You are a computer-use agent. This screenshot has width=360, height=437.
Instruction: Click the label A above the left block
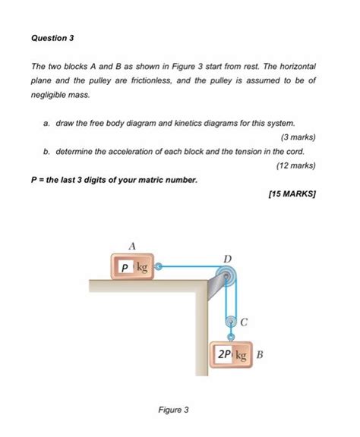pos(131,246)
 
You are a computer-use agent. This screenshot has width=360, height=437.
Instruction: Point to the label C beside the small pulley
pos(244,322)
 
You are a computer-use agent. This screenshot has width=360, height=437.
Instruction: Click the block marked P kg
pos(131,266)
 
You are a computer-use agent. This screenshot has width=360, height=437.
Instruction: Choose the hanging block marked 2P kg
pos(232,354)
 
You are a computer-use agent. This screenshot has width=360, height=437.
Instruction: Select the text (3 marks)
pos(298,137)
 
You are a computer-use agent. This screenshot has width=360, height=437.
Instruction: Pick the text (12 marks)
pos(295,165)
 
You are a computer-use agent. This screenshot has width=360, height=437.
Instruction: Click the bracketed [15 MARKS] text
pos(292,194)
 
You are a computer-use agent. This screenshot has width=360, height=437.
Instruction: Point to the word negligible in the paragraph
pos(54,94)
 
